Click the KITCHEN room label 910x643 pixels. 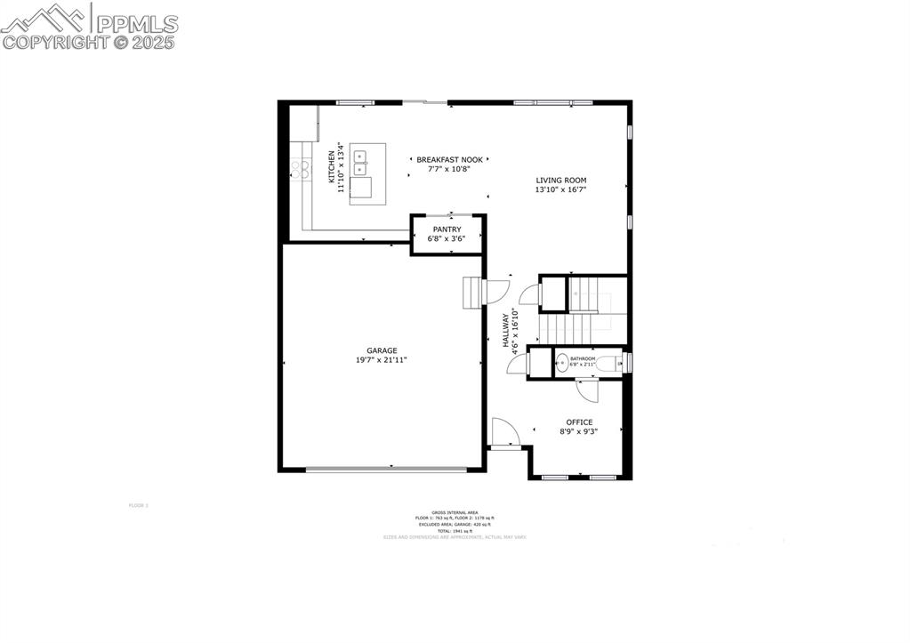point(332,166)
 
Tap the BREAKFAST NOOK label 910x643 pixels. point(449,160)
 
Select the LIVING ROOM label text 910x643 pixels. point(560,181)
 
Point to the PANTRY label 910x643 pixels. point(447,229)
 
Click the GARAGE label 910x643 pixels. point(382,350)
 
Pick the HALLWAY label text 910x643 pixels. point(504,330)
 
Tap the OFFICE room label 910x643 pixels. point(579,422)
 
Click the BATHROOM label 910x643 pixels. point(583,358)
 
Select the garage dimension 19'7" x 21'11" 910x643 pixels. point(382,360)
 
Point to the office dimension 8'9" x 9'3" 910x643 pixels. point(578,432)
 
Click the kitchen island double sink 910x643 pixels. point(360,160)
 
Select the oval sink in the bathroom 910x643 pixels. point(562,363)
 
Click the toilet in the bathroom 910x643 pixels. point(610,363)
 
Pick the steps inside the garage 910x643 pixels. point(471,292)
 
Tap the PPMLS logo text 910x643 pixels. point(137,23)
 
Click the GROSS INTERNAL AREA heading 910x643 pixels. point(455,512)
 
